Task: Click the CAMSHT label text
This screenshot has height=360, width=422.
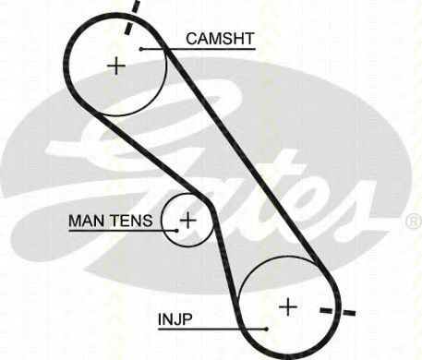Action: click(220, 39)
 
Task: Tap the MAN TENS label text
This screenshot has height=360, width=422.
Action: click(111, 221)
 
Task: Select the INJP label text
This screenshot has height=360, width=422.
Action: click(175, 319)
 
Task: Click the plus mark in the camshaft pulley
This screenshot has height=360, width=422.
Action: click(116, 66)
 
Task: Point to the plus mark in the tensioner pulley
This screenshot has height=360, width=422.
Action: click(187, 220)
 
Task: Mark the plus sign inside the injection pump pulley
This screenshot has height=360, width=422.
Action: click(288, 306)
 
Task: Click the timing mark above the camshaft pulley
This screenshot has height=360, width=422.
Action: click(132, 17)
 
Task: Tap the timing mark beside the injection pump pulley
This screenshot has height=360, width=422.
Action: click(338, 311)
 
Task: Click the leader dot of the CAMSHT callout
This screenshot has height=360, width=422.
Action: click(141, 49)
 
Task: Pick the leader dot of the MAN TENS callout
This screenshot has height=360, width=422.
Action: click(176, 230)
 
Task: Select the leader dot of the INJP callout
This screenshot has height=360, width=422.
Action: click(267, 329)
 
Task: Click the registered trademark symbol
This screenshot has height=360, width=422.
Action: click(414, 222)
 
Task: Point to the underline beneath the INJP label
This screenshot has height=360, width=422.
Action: click(212, 330)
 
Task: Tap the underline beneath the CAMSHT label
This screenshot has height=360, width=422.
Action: click(199, 49)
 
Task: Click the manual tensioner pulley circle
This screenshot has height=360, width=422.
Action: click(163, 221)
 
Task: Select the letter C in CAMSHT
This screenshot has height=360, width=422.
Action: click(192, 39)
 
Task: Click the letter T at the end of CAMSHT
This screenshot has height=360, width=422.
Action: click(248, 39)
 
